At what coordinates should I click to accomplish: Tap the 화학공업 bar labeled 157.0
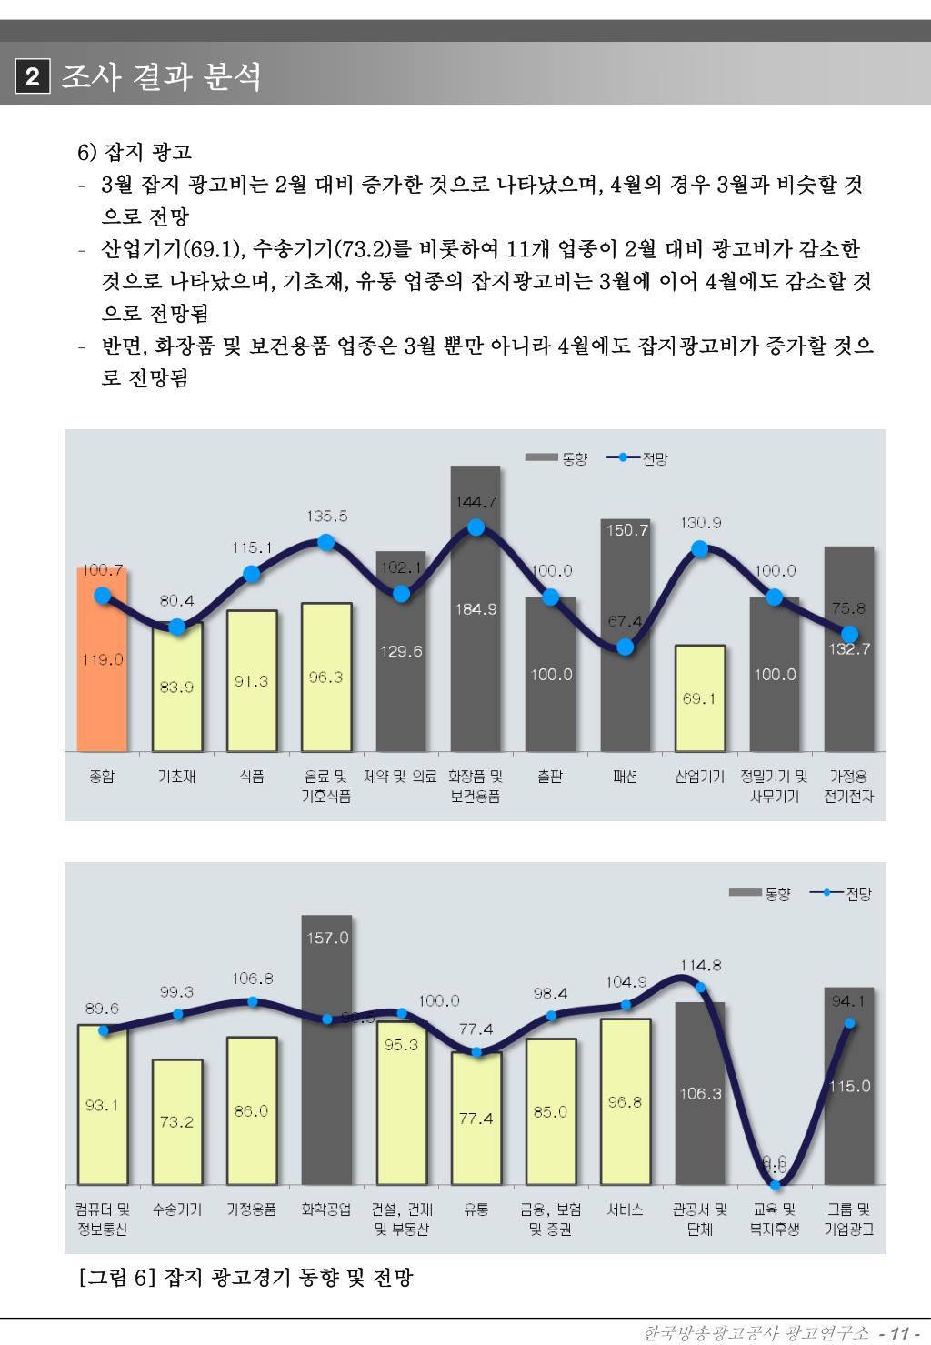click(x=326, y=1046)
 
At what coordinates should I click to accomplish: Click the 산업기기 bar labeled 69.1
click(x=699, y=698)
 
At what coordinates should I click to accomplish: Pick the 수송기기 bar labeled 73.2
click(x=177, y=1121)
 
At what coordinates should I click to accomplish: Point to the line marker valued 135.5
click(x=326, y=543)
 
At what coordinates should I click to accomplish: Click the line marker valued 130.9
click(x=699, y=548)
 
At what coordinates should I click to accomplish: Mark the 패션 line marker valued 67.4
click(x=625, y=647)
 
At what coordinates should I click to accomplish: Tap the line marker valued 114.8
click(x=700, y=987)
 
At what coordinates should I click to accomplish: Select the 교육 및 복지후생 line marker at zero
click(x=775, y=1183)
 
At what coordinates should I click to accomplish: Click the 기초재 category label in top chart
click(x=177, y=777)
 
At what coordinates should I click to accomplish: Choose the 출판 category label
click(x=550, y=777)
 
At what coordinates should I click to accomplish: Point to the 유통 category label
click(x=476, y=1209)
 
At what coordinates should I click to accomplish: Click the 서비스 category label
click(x=625, y=1209)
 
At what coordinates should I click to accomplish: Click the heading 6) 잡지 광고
click(x=135, y=151)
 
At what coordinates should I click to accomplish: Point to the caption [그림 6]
click(x=245, y=1278)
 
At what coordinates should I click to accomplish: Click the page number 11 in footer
click(x=900, y=1333)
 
